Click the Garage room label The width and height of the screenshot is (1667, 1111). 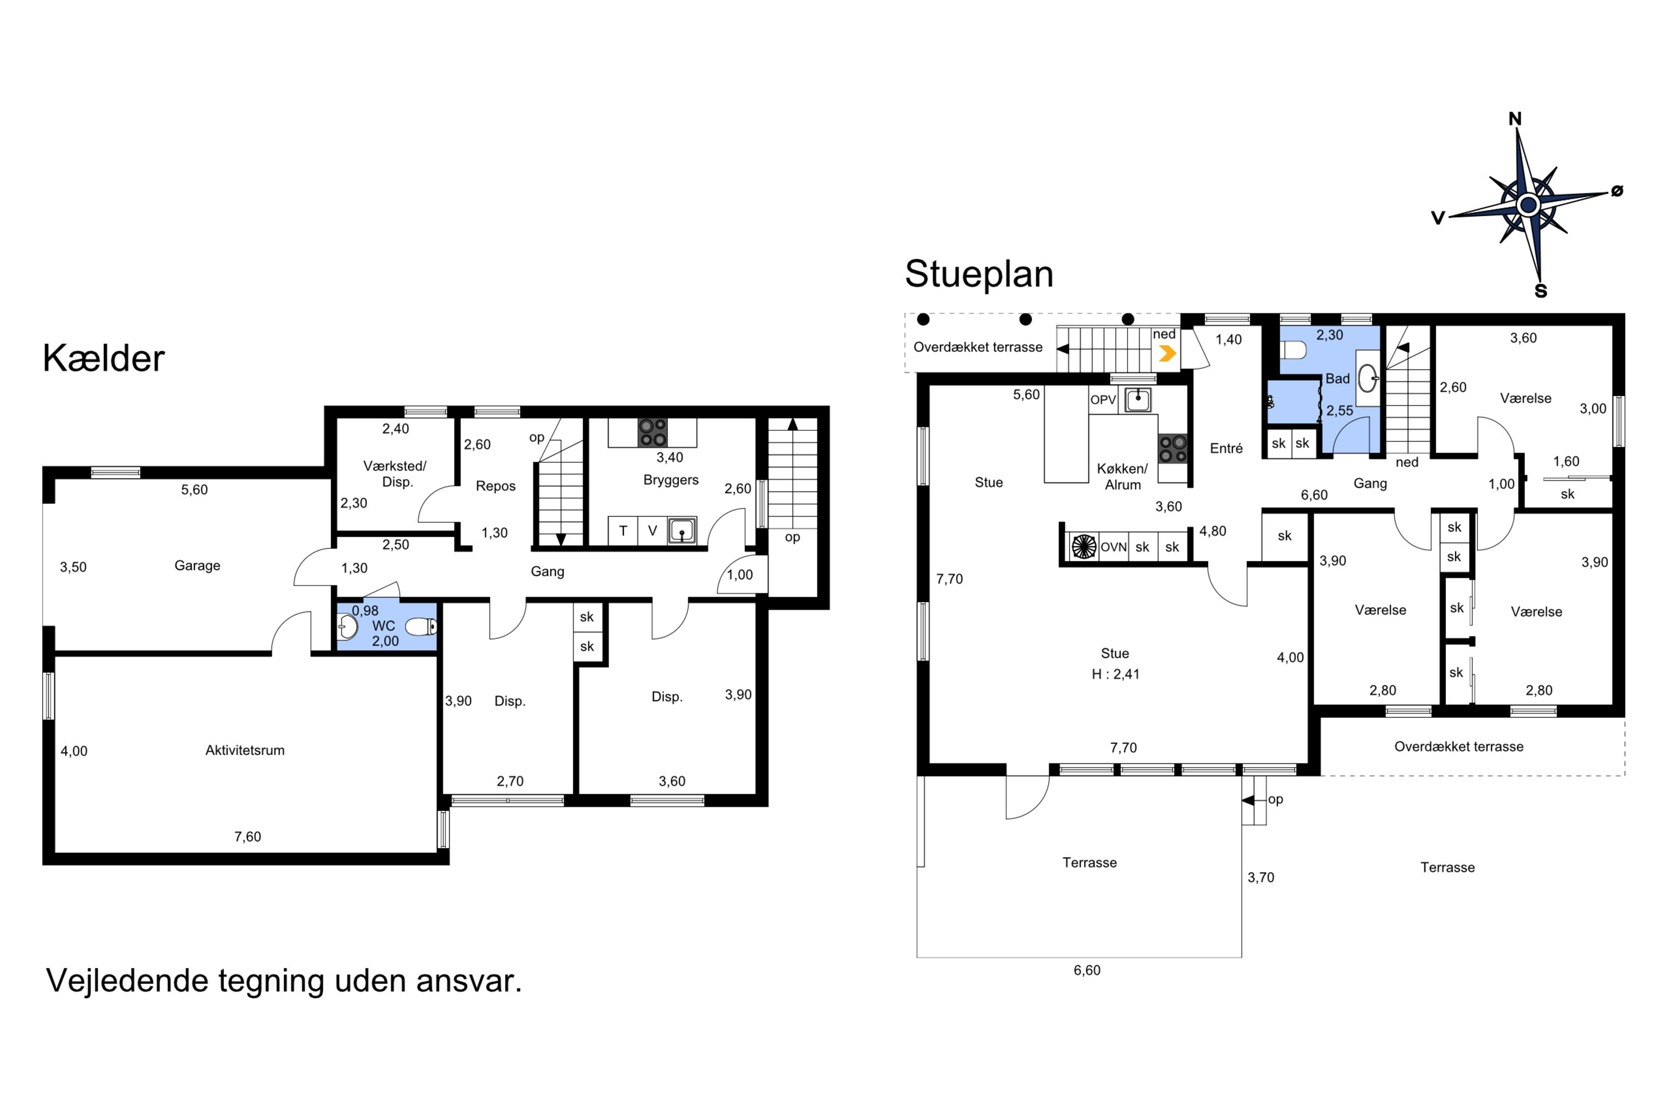click(x=197, y=565)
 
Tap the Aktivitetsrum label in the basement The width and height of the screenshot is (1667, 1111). click(x=245, y=750)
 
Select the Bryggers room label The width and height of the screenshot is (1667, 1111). click(x=671, y=481)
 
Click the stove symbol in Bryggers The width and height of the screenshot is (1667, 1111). click(x=652, y=432)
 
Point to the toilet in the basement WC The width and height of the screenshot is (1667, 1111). click(x=421, y=627)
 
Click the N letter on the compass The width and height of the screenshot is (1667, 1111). click(x=1515, y=119)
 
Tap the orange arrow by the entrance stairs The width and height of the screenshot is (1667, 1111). click(x=1166, y=353)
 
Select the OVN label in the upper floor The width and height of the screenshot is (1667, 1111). click(x=1114, y=547)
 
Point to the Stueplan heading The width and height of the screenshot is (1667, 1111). click(x=979, y=274)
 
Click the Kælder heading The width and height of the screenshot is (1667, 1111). click(x=103, y=358)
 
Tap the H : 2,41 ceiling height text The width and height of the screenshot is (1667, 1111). click(x=1116, y=674)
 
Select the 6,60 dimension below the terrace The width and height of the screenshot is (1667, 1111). click(x=1087, y=970)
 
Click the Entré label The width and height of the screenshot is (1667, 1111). click(x=1226, y=448)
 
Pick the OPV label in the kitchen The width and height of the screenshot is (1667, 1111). click(x=1103, y=399)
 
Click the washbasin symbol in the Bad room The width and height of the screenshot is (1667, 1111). click(x=1367, y=378)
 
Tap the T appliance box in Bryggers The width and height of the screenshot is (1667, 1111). click(x=623, y=530)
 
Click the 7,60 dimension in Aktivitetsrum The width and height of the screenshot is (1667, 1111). click(x=247, y=837)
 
